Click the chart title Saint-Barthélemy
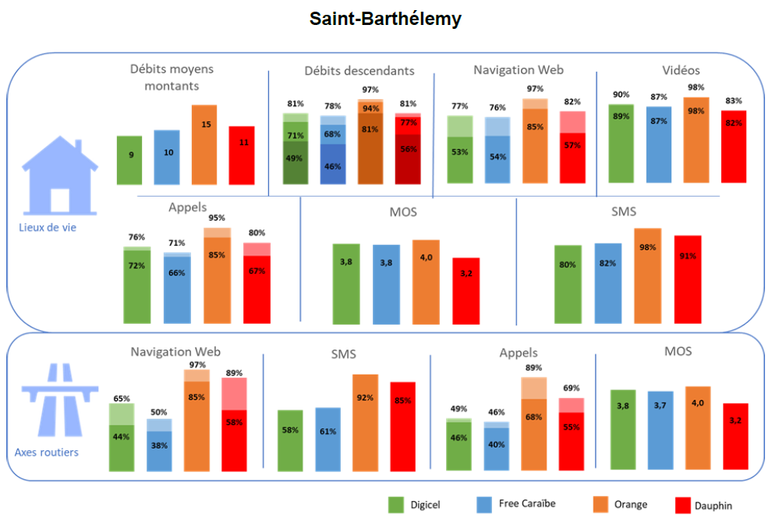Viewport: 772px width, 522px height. (x=385, y=19)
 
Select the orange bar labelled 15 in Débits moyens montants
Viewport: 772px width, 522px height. (x=204, y=145)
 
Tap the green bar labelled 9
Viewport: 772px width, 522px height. (x=129, y=160)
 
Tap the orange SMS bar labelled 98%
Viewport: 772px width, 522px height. (x=647, y=275)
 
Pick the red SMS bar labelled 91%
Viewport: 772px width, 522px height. (x=688, y=279)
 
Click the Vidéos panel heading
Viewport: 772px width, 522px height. (x=682, y=71)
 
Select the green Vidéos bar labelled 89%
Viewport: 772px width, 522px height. (x=621, y=144)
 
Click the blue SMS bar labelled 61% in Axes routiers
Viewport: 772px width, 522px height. (x=328, y=439)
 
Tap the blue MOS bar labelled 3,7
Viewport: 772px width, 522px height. (x=660, y=431)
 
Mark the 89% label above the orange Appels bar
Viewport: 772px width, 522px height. (x=533, y=368)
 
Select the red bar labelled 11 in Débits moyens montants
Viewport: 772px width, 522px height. (x=242, y=155)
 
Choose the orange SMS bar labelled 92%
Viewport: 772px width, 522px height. (x=365, y=422)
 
